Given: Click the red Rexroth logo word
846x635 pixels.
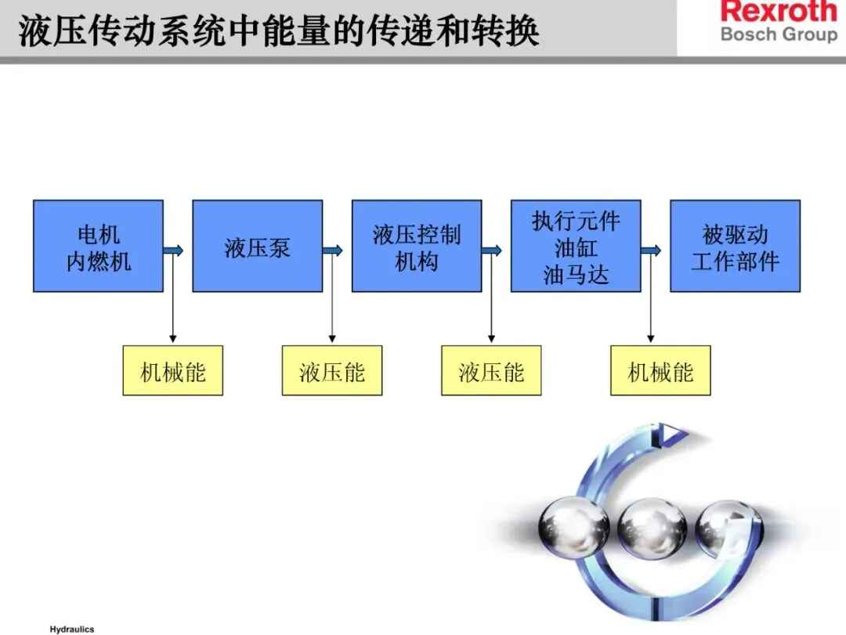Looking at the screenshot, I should tap(779, 13).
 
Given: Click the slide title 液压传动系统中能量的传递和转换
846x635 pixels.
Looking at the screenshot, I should tap(278, 31).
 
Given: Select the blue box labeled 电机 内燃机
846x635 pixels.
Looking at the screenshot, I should tap(98, 246).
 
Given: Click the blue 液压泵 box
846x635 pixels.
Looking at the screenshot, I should tap(257, 246).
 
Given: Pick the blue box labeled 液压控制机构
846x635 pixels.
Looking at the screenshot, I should tap(416, 246).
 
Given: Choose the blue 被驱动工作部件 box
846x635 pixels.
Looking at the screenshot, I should tap(735, 246).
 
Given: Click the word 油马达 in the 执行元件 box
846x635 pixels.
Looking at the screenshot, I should tap(576, 275).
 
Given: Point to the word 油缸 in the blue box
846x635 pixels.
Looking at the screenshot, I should tap(576, 248).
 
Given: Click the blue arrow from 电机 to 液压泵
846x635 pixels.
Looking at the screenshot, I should tap(175, 251).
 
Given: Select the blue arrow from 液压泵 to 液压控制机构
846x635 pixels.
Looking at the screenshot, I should tap(334, 251).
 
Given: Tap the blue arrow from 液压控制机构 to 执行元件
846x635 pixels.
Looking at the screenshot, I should tap(493, 251).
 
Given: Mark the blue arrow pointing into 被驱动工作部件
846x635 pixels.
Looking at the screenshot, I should tap(652, 251).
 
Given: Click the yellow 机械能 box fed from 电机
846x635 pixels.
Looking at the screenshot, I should tap(172, 370).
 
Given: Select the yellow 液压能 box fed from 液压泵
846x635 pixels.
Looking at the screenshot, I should tap(332, 370).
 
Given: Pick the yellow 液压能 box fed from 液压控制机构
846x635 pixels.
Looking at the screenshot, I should tap(491, 370).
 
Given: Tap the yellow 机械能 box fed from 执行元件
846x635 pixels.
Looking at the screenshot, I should tap(660, 370).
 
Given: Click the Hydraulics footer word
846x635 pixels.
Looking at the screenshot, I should tap(71, 629).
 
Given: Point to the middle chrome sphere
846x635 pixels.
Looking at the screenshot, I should tap(646, 530).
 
